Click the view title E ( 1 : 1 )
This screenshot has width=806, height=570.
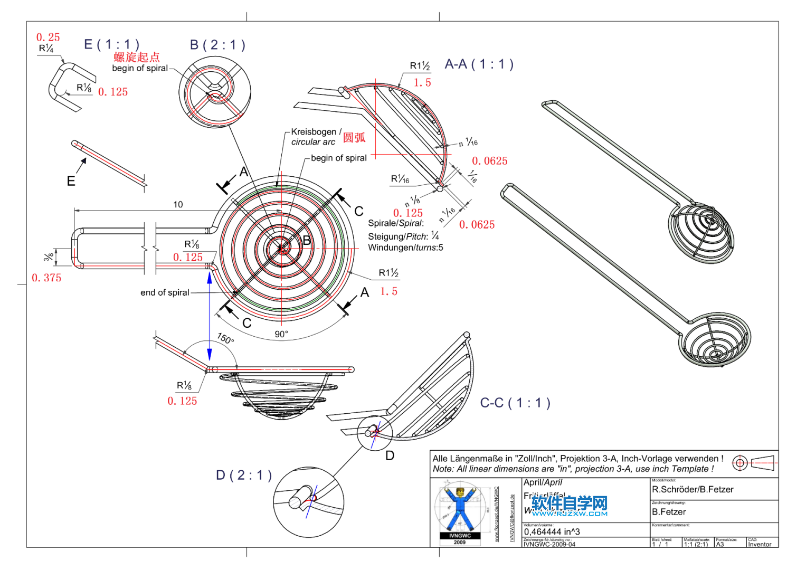112,44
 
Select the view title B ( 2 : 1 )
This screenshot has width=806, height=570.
217,45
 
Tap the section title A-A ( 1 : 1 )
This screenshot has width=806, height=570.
479,64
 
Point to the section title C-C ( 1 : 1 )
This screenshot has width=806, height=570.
515,403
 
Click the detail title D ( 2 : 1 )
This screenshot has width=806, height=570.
244,476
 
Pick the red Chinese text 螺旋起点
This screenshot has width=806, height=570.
137,57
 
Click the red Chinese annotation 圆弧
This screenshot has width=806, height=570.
354,138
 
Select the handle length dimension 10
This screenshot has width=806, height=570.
178,205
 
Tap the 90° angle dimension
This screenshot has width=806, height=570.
281,334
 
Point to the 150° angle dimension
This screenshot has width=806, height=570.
225,338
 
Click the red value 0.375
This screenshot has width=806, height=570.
46,278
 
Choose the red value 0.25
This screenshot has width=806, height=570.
48,37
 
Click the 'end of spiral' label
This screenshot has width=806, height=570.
165,293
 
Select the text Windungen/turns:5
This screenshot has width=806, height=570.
405,248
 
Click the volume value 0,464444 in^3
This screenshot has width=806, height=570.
552,532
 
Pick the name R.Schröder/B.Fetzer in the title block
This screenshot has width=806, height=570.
693,490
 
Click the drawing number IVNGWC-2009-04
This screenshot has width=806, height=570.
549,544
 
